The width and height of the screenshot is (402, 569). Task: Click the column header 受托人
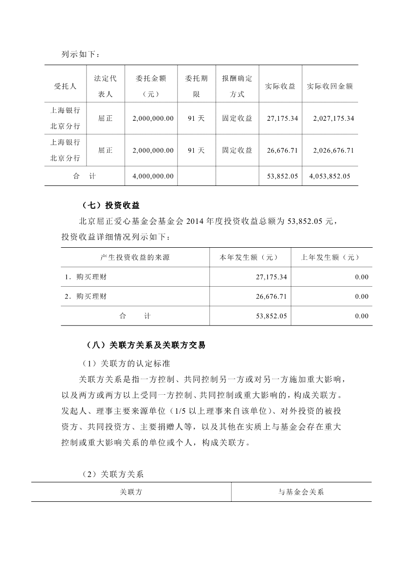click(65, 86)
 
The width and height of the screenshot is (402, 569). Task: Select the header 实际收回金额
click(329, 86)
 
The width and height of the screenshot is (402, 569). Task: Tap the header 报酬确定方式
click(237, 86)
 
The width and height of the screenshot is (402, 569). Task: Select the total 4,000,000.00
click(153, 176)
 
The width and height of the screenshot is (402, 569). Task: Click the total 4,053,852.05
click(329, 176)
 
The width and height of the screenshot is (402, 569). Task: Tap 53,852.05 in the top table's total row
click(282, 176)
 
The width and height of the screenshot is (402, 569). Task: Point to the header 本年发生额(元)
click(249, 257)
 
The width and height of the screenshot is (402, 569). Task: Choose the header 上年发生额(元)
click(331, 257)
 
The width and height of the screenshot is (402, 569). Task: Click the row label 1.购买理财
click(86, 277)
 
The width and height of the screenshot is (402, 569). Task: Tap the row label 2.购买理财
click(86, 296)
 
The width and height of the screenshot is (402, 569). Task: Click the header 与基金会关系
click(301, 492)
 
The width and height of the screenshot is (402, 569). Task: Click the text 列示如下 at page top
click(79, 54)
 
